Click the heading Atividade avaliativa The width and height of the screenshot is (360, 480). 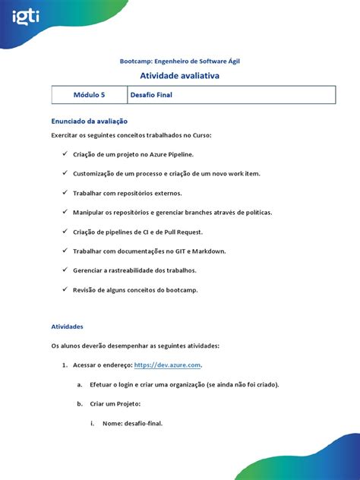179,77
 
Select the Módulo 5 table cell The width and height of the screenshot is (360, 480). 90,96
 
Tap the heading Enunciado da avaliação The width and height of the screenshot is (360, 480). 89,121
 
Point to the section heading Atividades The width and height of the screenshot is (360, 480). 67,326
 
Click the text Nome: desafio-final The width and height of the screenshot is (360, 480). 132,423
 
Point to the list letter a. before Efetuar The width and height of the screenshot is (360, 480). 80,384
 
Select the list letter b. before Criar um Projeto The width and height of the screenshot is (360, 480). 80,403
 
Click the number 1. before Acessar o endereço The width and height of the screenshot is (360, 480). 65,365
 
